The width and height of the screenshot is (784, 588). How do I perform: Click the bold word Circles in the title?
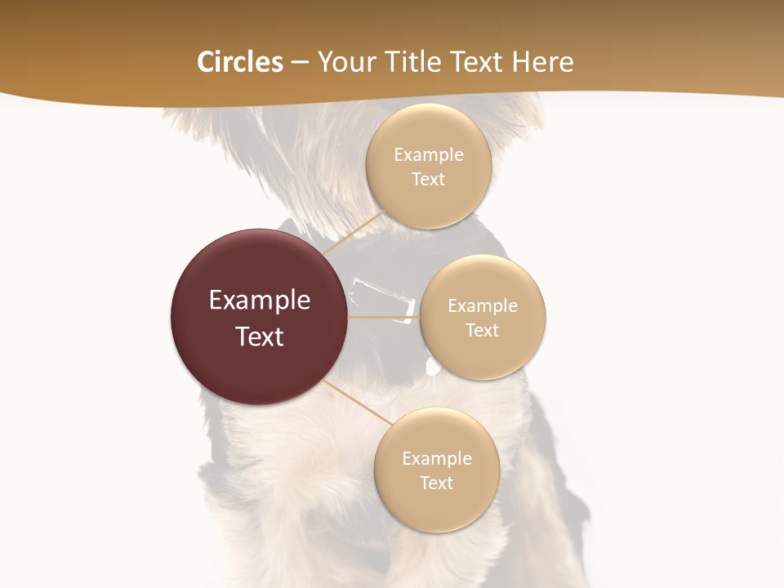click(x=240, y=62)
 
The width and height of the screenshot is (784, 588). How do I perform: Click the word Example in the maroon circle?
click(x=260, y=301)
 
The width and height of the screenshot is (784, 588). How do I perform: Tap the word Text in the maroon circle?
click(x=260, y=336)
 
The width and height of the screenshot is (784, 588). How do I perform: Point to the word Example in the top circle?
click(x=429, y=154)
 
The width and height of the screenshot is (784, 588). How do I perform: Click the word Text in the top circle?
click(x=429, y=179)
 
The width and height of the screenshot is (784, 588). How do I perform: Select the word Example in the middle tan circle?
click(x=483, y=305)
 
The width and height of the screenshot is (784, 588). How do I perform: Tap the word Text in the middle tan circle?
click(x=483, y=330)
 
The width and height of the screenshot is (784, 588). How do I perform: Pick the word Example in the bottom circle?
click(x=437, y=458)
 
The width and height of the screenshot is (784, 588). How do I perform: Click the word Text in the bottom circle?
click(x=437, y=483)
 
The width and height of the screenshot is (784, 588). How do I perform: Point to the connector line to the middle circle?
click(x=383, y=317)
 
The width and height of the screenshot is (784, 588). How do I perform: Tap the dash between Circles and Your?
click(x=300, y=63)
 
